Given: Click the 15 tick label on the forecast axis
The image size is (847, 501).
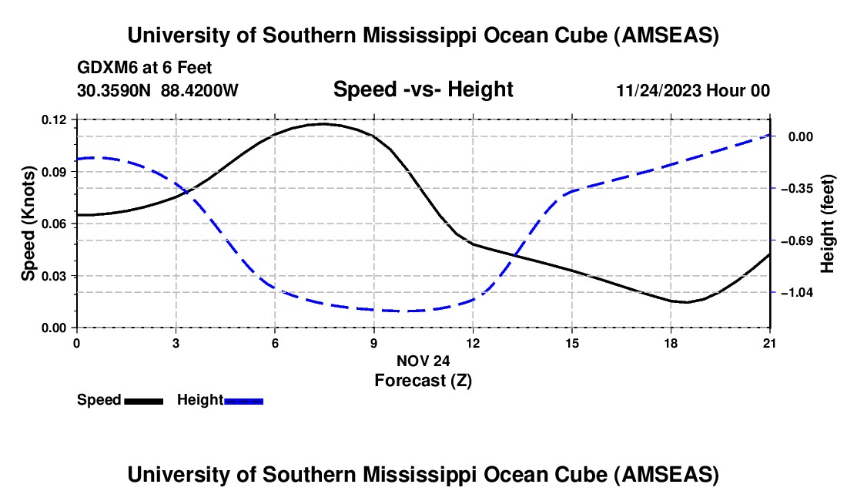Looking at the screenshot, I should coord(571,343).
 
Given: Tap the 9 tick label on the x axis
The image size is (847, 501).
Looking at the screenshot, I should coord(373,343).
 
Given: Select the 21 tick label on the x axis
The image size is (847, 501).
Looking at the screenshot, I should coord(769,343).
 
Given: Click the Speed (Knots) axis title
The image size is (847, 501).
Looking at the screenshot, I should coord(28,224).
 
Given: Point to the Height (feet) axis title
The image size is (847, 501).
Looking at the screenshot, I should coord(828,224).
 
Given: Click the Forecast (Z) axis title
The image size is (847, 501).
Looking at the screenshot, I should coord(423,380).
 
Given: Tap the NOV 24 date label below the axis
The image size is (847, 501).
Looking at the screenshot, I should coord(423,361).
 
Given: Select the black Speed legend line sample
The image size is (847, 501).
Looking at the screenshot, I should coord(143,400).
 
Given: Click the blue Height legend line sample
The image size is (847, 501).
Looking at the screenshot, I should coord(244,400).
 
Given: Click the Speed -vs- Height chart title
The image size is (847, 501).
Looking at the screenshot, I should coord(423,89).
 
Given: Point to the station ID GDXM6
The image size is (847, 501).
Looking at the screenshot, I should coord(105,68).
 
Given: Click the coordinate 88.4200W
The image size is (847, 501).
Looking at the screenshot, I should coord(200,91).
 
